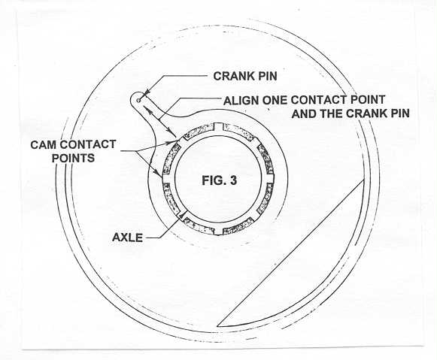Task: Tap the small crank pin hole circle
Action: tap(139, 100)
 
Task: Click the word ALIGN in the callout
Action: tap(241, 100)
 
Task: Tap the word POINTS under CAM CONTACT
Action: tap(73, 158)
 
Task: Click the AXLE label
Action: tap(127, 237)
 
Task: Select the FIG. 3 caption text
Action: tap(220, 180)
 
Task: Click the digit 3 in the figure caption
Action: tap(234, 180)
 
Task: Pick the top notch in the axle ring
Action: tap(219, 127)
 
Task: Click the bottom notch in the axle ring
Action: tap(219, 231)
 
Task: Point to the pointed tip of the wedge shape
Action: tap(217, 325)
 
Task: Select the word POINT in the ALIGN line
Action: tap(368, 99)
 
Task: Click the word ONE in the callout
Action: tap(274, 100)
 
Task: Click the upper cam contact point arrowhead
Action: tap(173, 143)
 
